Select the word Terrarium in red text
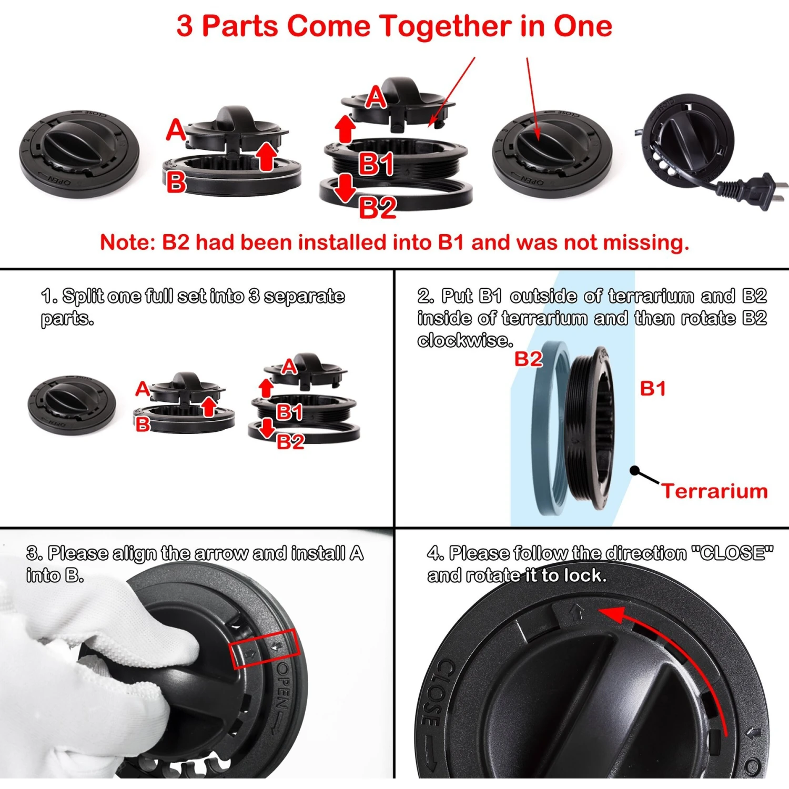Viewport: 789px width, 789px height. tap(714, 491)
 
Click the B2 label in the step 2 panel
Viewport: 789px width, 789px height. tap(528, 359)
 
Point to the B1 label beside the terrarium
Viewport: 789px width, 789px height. tap(653, 389)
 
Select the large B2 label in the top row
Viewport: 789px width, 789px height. tap(377, 208)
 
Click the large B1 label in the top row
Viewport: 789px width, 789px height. tap(376, 164)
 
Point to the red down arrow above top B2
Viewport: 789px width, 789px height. tap(345, 187)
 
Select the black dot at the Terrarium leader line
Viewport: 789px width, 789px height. tap(634, 470)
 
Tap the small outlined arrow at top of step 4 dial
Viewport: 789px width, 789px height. tap(577, 612)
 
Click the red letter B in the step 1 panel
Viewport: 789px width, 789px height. tap(143, 423)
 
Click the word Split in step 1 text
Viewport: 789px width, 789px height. tap(83, 296)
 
